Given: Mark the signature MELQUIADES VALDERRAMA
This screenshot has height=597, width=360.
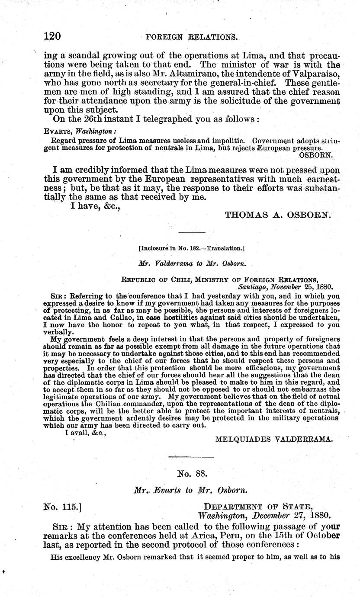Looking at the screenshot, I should coord(274,439).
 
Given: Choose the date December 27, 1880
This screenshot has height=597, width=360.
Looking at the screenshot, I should coord(290,516).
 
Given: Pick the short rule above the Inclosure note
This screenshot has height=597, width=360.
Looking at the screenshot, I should coord(192,232).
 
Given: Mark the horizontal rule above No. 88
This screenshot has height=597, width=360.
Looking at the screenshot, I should coord(191,457).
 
